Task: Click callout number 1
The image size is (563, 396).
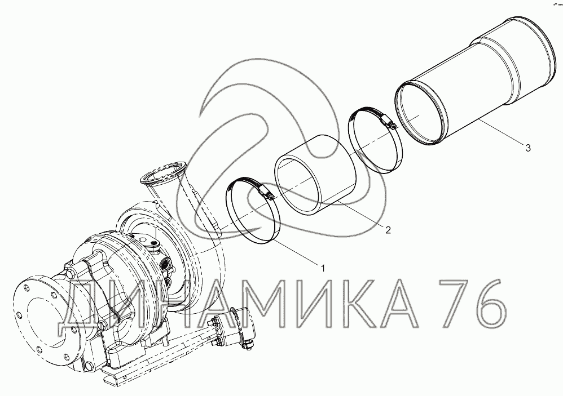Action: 323,268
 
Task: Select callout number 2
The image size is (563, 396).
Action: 388,230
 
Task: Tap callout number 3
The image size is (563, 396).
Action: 528,147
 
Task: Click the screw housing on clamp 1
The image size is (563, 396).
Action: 266,193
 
